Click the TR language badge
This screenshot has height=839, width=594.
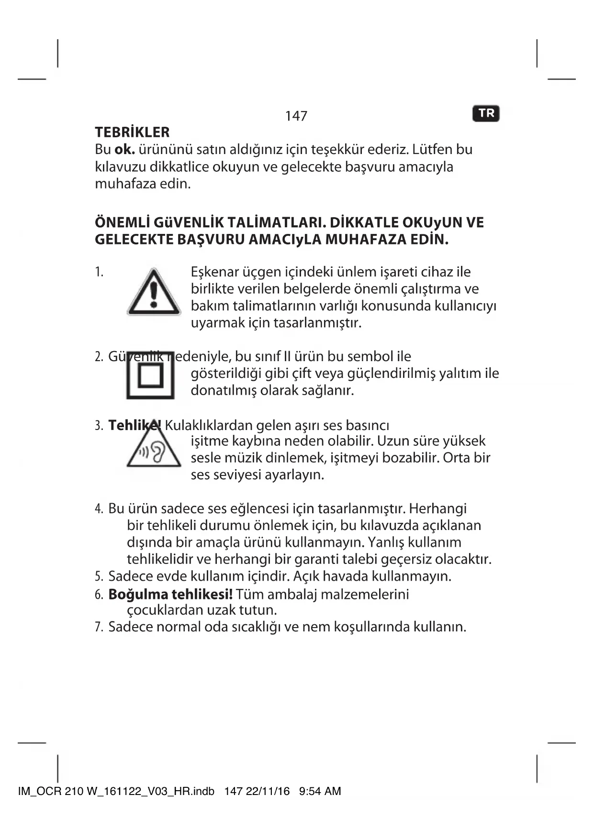click(486, 113)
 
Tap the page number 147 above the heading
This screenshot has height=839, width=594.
click(296, 116)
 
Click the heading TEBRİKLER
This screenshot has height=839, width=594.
click(132, 132)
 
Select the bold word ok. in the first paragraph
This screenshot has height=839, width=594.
click(124, 150)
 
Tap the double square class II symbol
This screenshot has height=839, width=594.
click(151, 377)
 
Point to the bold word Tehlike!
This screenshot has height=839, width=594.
click(134, 425)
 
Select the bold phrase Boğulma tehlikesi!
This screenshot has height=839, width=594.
click(170, 595)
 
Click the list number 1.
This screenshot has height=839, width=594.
click(99, 272)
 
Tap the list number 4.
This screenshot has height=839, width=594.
click(99, 509)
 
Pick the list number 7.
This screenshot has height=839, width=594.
click(99, 627)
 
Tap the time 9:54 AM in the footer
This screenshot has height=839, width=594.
click(320, 791)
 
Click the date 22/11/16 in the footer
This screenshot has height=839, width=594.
click(268, 791)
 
